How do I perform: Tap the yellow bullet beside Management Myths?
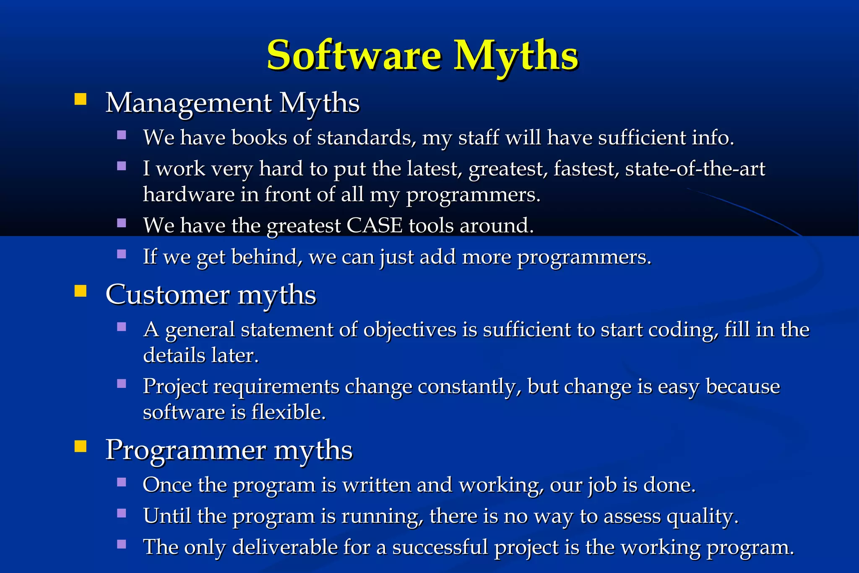(x=80, y=99)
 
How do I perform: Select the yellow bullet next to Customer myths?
(x=80, y=291)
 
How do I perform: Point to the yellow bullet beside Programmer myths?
(x=80, y=446)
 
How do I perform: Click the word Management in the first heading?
(x=188, y=103)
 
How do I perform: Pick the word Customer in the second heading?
(x=167, y=295)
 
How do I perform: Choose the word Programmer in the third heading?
(x=185, y=450)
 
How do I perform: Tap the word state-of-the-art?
(x=695, y=169)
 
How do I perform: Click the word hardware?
(x=188, y=194)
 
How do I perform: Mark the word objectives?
(x=409, y=330)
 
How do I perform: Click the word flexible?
(x=288, y=412)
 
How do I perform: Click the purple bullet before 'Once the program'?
(x=122, y=482)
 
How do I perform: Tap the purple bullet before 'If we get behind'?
(x=122, y=254)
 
